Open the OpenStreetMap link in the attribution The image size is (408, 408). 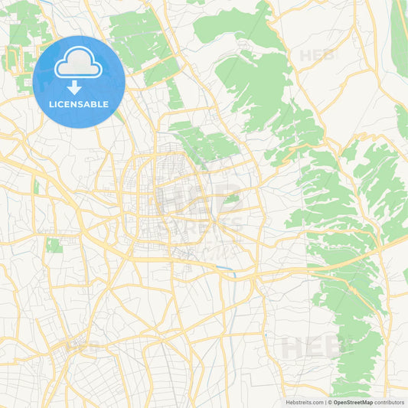click(352, 401)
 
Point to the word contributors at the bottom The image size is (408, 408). click(390, 401)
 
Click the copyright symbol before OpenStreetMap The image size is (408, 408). click(329, 401)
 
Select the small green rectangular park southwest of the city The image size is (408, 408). click(54, 245)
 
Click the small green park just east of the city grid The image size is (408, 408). click(231, 198)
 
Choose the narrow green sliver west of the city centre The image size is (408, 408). click(36, 187)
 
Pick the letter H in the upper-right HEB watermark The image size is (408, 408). click(305, 55)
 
